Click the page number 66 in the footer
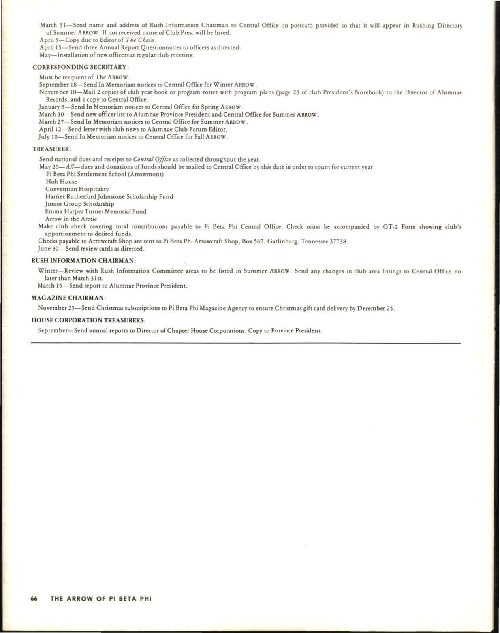coord(34,598)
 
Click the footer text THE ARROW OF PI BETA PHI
coord(101,598)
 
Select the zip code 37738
coord(338,241)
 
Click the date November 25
coord(54,308)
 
